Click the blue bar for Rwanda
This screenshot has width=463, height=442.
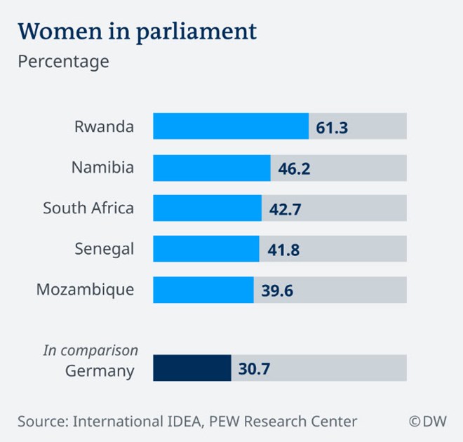[231, 126]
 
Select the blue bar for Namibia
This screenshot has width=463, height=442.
[212, 168]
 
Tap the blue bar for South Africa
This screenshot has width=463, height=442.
[207, 208]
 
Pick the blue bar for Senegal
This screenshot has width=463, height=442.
[206, 248]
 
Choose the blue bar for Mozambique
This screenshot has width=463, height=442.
[203, 289]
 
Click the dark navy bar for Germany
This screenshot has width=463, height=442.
[192, 368]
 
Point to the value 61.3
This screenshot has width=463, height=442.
[333, 128]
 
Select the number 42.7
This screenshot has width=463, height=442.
[286, 209]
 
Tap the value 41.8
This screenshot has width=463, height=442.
[284, 249]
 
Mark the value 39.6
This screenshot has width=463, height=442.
[278, 290]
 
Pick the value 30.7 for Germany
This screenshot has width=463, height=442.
[255, 368]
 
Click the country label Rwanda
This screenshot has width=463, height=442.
[104, 127]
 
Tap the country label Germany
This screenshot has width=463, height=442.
[100, 371]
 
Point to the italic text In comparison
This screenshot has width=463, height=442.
[90, 350]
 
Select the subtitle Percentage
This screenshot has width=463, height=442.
[63, 61]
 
